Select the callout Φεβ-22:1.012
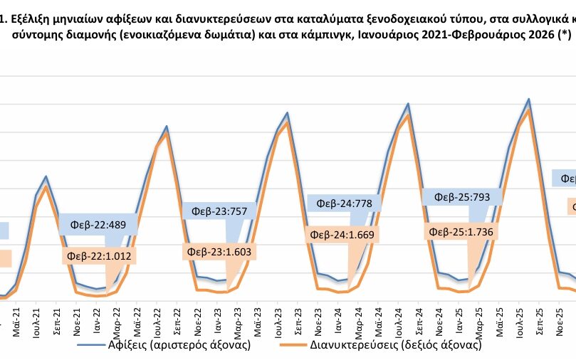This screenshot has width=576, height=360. click(x=100, y=255)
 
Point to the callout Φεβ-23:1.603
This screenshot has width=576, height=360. click(x=219, y=251)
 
